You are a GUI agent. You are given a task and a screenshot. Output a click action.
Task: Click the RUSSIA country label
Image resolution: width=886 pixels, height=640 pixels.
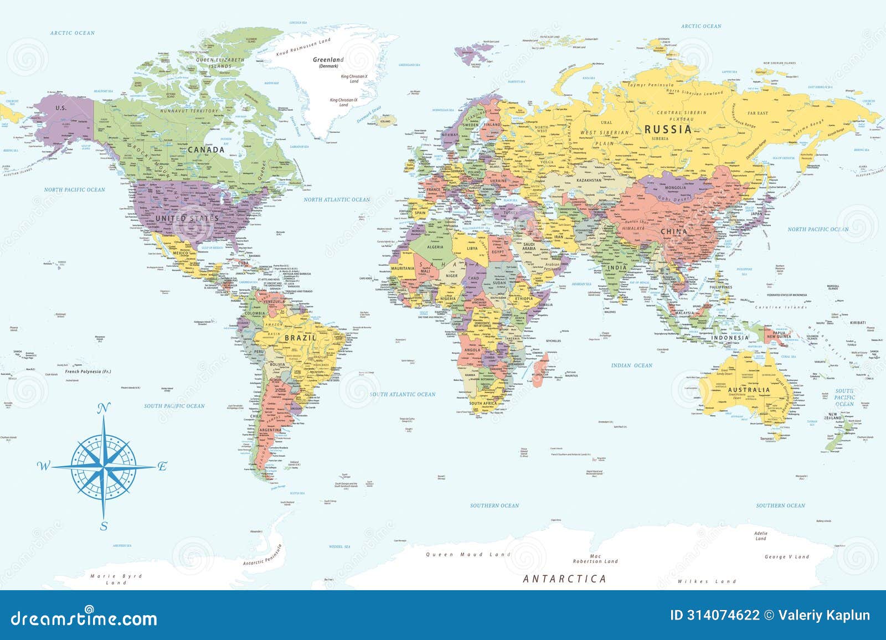point(668,130)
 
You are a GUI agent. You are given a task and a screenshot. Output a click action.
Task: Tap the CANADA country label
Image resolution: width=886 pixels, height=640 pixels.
point(206,149)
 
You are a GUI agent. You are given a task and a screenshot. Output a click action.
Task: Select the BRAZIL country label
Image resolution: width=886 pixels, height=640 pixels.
point(300,338)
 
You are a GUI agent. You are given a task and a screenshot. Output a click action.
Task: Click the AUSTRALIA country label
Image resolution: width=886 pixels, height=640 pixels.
point(749,390)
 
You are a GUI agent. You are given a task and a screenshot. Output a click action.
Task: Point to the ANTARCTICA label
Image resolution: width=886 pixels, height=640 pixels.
point(564,579)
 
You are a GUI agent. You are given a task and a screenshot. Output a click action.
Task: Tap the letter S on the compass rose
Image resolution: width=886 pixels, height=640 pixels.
point(104,527)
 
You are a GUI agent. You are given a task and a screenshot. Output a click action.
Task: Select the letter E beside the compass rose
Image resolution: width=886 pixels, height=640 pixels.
point(162,466)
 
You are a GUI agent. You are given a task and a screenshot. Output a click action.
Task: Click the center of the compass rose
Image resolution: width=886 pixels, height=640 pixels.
point(104,467)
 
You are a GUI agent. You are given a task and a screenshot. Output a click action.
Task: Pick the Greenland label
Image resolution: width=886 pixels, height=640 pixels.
point(328,60)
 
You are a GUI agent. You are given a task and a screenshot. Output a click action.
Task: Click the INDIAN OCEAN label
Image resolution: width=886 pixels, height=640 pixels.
point(632,365)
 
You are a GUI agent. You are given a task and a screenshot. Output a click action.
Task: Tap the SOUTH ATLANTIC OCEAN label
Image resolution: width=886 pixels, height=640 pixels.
point(403,394)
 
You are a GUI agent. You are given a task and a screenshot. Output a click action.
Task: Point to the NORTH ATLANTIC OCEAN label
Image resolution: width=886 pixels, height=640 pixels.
point(337,199)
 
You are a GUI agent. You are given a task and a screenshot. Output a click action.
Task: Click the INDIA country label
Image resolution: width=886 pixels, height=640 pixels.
point(617,267)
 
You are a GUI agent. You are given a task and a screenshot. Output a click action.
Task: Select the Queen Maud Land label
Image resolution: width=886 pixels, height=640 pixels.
point(462,554)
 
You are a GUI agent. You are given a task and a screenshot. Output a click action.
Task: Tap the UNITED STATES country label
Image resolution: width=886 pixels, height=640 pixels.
point(179,218)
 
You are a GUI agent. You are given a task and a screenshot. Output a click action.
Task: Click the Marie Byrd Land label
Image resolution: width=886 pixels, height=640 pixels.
point(116,579)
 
